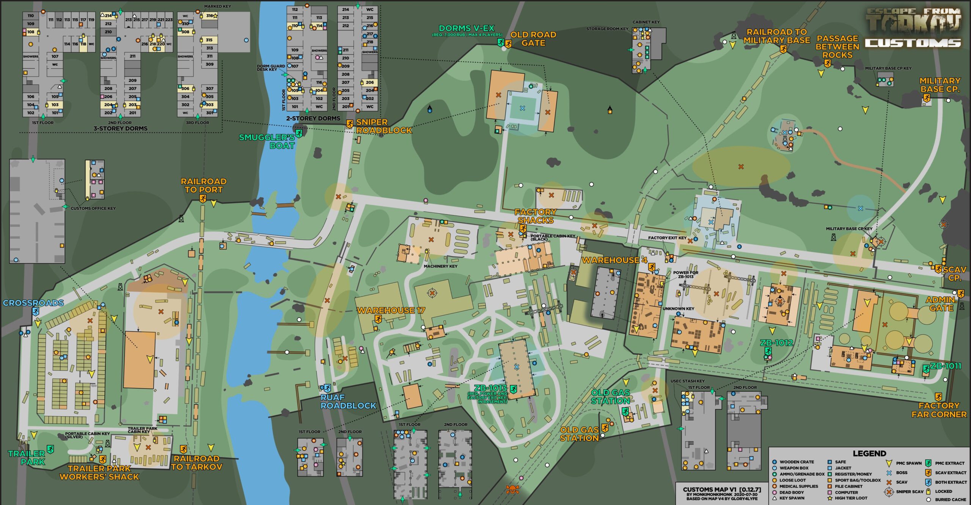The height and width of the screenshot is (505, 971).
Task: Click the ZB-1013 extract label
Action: pos(490,388)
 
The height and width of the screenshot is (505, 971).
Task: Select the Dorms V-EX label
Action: pos(467,28)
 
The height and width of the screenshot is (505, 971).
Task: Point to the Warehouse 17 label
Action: pos(391,310)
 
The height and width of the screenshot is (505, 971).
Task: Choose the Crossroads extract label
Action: pos(33,303)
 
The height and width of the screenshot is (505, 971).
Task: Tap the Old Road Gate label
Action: pos(533,39)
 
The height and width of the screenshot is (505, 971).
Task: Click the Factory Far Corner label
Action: pos(939,410)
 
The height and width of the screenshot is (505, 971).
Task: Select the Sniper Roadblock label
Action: pos(383,126)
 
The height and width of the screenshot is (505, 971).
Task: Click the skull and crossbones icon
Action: pos(512,489)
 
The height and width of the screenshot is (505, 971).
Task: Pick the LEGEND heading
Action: pos(869,453)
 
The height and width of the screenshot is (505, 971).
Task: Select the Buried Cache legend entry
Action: pos(950,499)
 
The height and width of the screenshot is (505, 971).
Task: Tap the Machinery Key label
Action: pos(440,266)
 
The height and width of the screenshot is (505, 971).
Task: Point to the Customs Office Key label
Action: pos(93,208)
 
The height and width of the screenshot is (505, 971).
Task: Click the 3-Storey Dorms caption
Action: pos(120,129)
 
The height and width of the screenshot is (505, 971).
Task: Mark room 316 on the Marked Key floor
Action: pos(210,16)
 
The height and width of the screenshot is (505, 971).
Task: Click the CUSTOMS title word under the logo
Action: pos(913,43)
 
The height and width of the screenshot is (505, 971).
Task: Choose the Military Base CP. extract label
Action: pos(940,85)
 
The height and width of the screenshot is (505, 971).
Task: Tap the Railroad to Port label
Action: pos(203,186)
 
